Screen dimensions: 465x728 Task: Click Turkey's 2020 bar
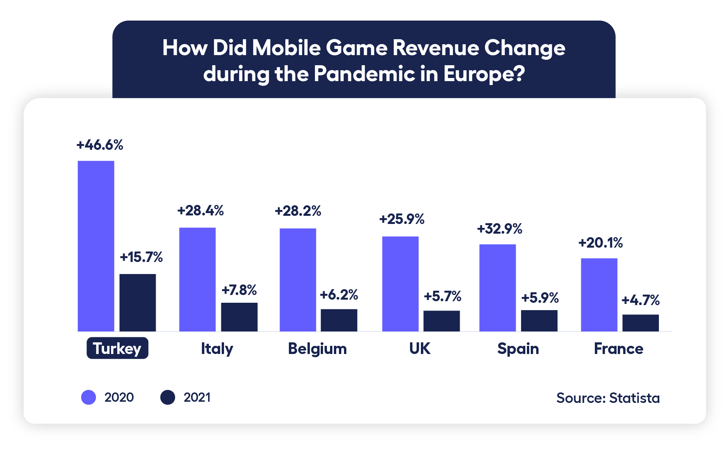(x=96, y=246)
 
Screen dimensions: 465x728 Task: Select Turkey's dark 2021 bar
(x=137, y=302)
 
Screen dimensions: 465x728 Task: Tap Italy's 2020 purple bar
(x=197, y=279)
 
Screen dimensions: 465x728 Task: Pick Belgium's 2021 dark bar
(x=339, y=320)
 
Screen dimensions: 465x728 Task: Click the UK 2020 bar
(x=400, y=283)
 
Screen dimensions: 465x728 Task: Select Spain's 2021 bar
(x=539, y=320)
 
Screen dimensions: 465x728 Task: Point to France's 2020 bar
(x=599, y=294)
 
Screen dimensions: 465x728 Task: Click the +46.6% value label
(x=100, y=145)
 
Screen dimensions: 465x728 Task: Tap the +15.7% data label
(x=141, y=257)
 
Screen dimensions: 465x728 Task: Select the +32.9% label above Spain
(x=499, y=229)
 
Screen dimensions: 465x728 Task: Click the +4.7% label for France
(x=641, y=300)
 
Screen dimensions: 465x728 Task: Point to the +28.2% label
(x=298, y=211)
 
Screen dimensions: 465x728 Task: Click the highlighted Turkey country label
(x=117, y=348)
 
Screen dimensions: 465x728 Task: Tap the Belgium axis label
(x=317, y=349)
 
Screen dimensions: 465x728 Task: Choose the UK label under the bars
(x=420, y=349)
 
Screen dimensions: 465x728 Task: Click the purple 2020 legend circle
(x=89, y=397)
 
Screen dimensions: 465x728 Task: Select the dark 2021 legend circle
(x=168, y=397)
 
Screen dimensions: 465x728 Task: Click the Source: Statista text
(x=608, y=398)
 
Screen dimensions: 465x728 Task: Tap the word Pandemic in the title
(x=364, y=74)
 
